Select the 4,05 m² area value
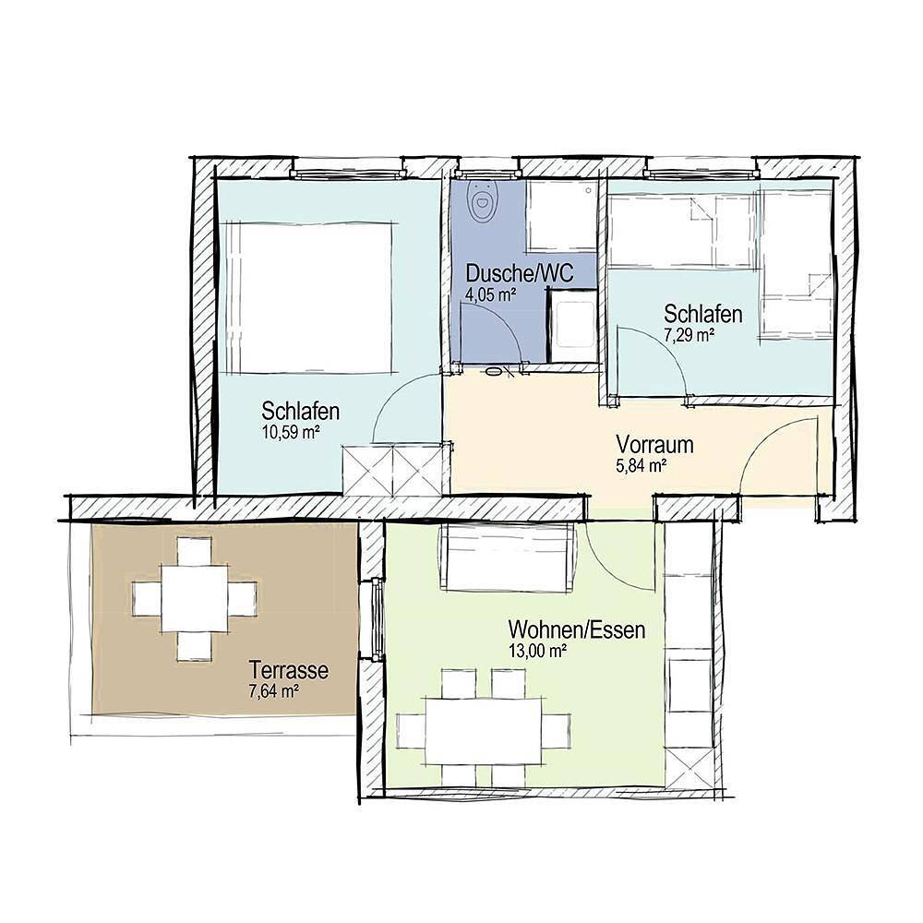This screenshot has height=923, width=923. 489,295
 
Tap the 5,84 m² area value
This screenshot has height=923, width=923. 642,466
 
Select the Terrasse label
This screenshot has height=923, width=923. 289,670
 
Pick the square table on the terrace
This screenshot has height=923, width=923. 195,599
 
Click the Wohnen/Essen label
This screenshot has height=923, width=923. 577,630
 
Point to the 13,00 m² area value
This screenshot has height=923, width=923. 537,651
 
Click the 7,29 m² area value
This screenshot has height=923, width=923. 689,336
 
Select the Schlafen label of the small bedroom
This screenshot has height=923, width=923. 703,315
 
